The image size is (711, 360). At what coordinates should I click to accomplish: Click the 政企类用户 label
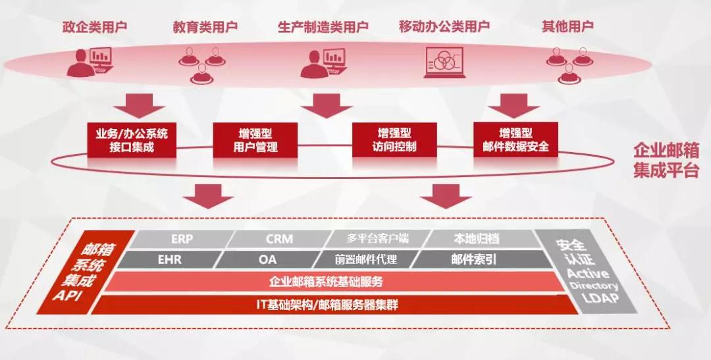pyautogui.click(x=95, y=27)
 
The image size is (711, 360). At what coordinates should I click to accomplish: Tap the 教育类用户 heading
pyautogui.click(x=205, y=27)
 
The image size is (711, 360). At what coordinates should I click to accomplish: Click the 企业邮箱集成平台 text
pyautogui.click(x=666, y=160)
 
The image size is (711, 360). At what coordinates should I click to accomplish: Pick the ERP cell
pyautogui.click(x=182, y=239)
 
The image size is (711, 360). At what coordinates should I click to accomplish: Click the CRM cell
pyautogui.click(x=279, y=239)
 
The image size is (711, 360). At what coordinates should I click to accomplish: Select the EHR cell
pyautogui.click(x=170, y=259)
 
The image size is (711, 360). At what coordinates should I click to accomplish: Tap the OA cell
pyautogui.click(x=268, y=259)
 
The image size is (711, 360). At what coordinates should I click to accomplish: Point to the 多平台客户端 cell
pyautogui.click(x=380, y=239)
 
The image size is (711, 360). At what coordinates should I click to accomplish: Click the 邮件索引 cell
pyautogui.click(x=473, y=259)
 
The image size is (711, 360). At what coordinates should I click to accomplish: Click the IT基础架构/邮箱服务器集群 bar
pyautogui.click(x=327, y=304)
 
